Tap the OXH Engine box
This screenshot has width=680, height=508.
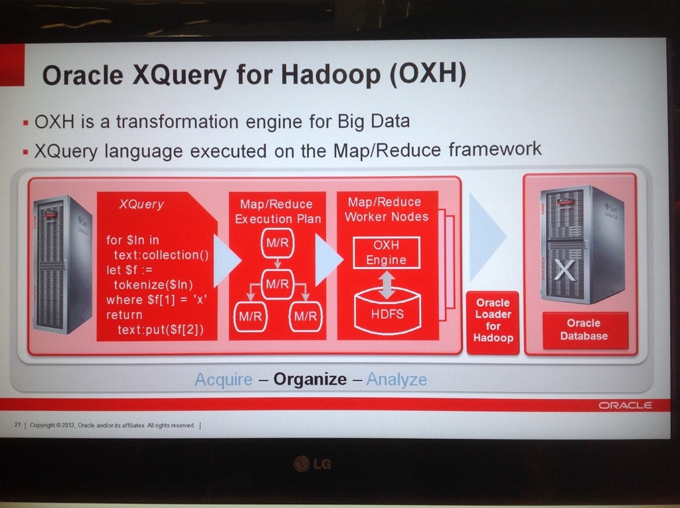[x=386, y=252]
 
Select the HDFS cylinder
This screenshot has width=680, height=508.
[x=387, y=311]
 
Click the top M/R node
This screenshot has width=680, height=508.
[x=278, y=243]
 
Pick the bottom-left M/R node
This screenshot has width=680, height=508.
[x=250, y=317]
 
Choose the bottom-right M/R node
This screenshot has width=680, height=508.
[x=305, y=317]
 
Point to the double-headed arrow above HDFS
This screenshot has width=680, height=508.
[x=387, y=285]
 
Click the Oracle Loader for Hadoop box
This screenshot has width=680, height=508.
[x=493, y=323]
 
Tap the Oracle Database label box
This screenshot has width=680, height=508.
[x=585, y=329]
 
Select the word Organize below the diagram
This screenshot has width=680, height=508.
[x=309, y=379]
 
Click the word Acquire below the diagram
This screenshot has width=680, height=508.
[x=223, y=380]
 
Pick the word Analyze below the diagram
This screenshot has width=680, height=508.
[x=396, y=379]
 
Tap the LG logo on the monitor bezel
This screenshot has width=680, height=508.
[x=312, y=464]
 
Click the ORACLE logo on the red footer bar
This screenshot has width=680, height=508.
[x=625, y=405]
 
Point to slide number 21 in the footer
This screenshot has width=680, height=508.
[x=17, y=425]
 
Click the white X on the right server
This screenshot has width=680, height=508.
[x=564, y=270]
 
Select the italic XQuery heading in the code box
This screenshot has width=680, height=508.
[x=141, y=205]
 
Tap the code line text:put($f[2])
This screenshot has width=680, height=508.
[x=161, y=330]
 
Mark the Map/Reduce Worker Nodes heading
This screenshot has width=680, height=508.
[x=386, y=209]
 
